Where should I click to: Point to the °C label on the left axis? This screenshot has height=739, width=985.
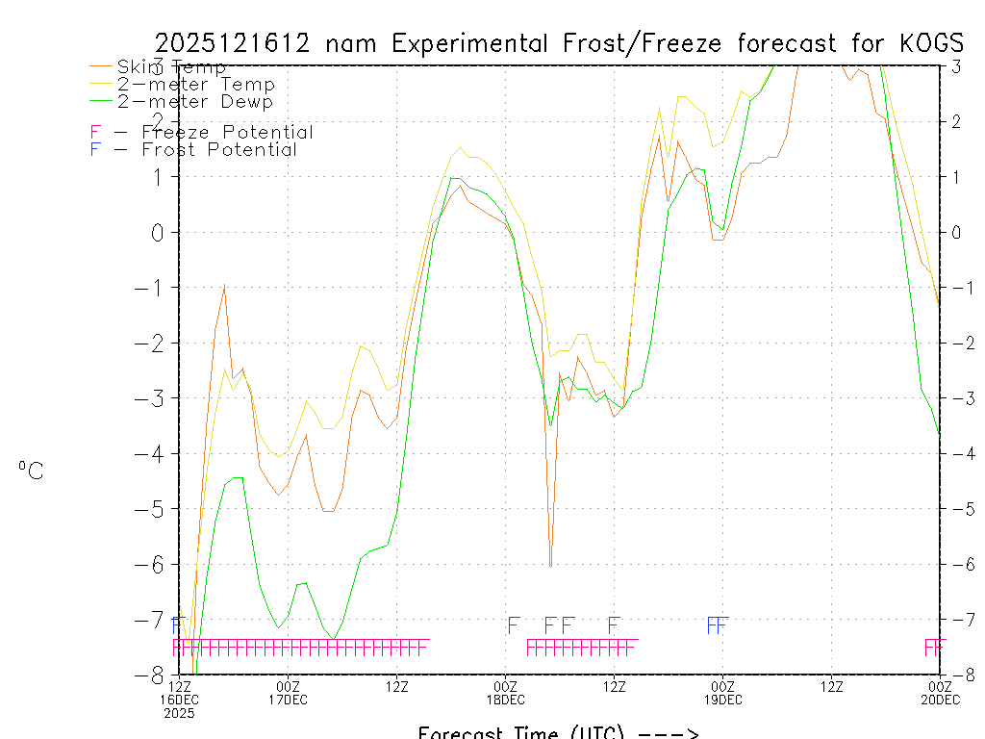click(x=31, y=471)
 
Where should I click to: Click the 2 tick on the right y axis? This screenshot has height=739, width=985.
click(x=956, y=121)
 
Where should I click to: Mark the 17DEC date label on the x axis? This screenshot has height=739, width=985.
click(x=288, y=700)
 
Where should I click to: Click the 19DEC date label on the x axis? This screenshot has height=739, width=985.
click(x=722, y=700)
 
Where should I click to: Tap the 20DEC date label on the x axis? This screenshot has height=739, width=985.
click(x=939, y=700)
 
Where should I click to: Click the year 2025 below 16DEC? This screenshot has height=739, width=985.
click(x=179, y=713)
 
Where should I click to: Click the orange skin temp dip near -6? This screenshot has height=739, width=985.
click(x=550, y=564)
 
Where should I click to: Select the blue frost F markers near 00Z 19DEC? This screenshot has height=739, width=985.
click(x=718, y=625)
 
